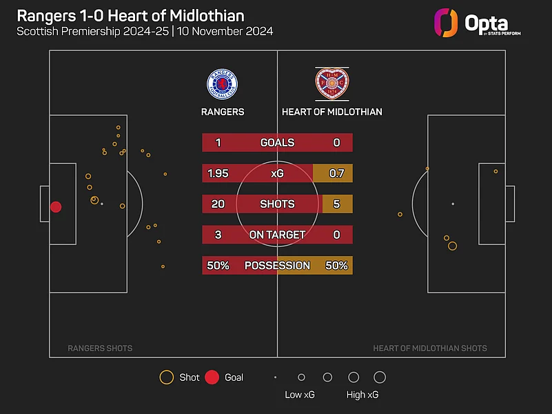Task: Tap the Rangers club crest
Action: pyautogui.click(x=222, y=83)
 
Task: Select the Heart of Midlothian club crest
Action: pyautogui.click(x=331, y=84)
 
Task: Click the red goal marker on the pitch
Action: pyautogui.click(x=56, y=207)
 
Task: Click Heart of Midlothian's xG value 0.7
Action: pyautogui.click(x=336, y=173)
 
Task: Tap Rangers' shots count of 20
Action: pyautogui.click(x=218, y=204)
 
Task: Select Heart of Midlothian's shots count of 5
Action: pyautogui.click(x=337, y=204)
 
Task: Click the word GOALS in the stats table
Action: pyautogui.click(x=277, y=143)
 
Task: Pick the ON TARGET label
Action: pyautogui.click(x=277, y=235)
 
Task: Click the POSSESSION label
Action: pyautogui.click(x=277, y=266)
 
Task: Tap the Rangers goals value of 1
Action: pyautogui.click(x=218, y=143)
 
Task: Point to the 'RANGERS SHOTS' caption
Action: pyautogui.click(x=100, y=348)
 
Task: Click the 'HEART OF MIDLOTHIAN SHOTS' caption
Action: pyautogui.click(x=430, y=348)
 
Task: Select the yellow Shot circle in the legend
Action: pyautogui.click(x=166, y=377)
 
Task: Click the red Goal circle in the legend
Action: pyautogui.click(x=212, y=377)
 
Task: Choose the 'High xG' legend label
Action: pyautogui.click(x=362, y=395)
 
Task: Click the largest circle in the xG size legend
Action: pyautogui.click(x=380, y=377)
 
